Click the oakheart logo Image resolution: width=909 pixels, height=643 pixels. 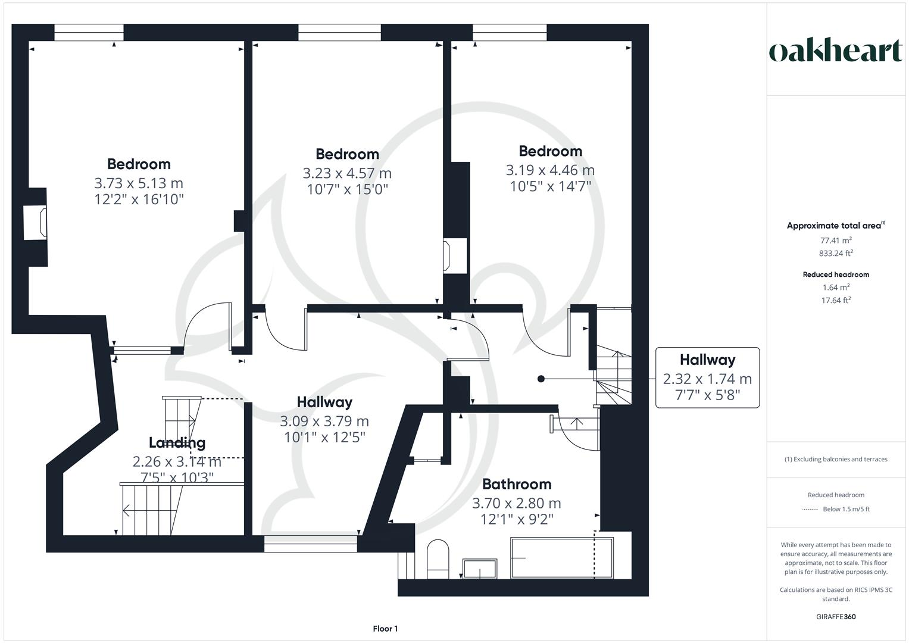pos(835,51)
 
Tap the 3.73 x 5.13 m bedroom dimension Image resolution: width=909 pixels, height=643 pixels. pos(139,183)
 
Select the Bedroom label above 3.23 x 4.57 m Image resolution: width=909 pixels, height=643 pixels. pos(347,154)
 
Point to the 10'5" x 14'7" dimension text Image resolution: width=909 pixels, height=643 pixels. pos(550,186)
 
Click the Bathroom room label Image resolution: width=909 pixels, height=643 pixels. pos(516,484)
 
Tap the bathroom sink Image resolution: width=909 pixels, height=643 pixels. pos(479,569)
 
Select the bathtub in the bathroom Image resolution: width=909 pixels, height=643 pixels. pos(561,558)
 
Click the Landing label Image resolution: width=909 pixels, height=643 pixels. pos(177,442)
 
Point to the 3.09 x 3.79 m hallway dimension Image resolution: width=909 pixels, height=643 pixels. pos(324,422)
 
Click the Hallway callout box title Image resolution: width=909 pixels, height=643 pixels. pos(707,360)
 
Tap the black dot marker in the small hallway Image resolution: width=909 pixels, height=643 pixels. pos(541,379)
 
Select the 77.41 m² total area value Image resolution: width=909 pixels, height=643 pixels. pos(836,241)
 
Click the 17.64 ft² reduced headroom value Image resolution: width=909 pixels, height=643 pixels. pos(836,300)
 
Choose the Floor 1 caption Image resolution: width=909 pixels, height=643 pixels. pos(385,629)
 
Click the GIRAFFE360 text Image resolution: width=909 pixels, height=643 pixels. pos(836,617)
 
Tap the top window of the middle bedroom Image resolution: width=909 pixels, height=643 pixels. pos(339,33)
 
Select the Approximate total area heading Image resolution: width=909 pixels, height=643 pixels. pos(835,226)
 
